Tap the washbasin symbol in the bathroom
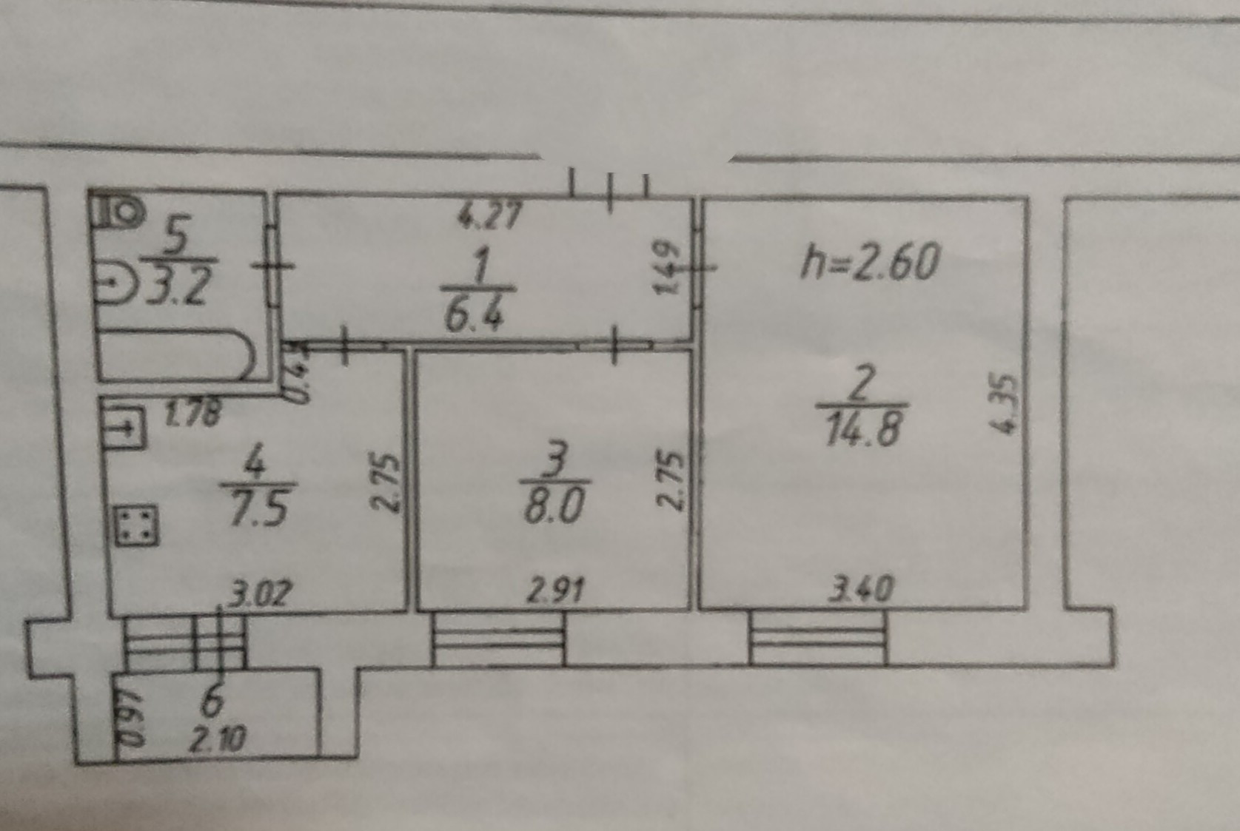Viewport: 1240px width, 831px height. [x=115, y=282]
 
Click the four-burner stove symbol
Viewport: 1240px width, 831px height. [x=136, y=525]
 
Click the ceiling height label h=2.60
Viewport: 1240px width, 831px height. [x=869, y=263]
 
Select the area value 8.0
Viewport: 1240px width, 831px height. [x=554, y=507]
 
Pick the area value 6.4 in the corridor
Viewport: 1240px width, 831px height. [x=475, y=314]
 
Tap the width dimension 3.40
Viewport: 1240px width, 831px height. [x=861, y=590]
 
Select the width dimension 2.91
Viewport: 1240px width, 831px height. [x=555, y=591]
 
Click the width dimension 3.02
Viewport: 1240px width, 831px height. [x=260, y=593]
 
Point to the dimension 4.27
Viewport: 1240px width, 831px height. [x=489, y=218]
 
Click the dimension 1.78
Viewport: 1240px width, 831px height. [x=192, y=413]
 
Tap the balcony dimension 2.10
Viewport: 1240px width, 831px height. [x=217, y=739]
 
